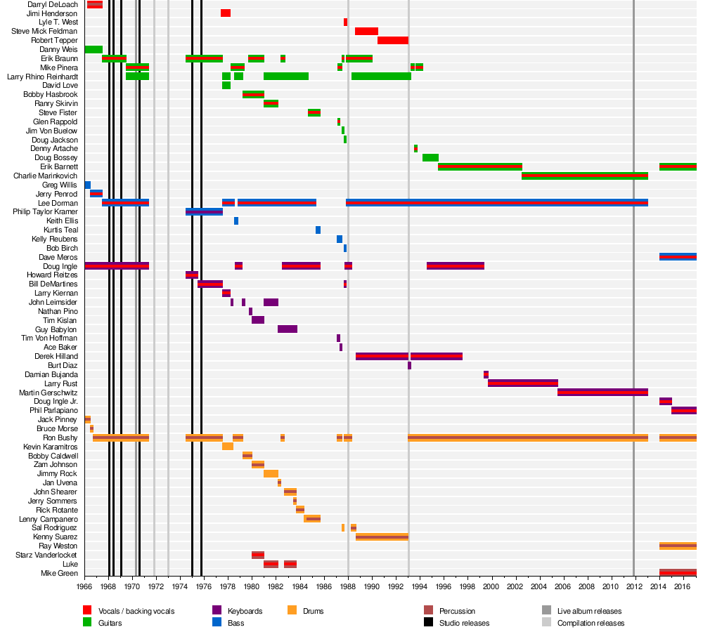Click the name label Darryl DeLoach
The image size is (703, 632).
pyautogui.click(x=53, y=4)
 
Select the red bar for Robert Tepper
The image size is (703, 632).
pyautogui.click(x=393, y=40)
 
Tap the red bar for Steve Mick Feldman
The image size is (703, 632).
pyautogui.click(x=366, y=32)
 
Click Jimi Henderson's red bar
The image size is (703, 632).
pyautogui.click(x=226, y=13)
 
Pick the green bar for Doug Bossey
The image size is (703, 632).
pyautogui.click(x=430, y=158)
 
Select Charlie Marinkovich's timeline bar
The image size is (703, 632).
pyautogui.click(x=585, y=176)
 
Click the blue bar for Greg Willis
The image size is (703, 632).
pyautogui.click(x=87, y=185)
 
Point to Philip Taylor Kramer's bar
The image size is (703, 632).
pyautogui.click(x=204, y=212)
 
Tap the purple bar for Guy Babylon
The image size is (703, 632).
pyautogui.click(x=288, y=329)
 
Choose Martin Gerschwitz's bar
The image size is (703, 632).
pyautogui.click(x=602, y=393)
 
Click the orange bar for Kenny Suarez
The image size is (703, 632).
pyautogui.click(x=382, y=536)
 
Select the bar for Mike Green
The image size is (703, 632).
pyautogui.click(x=678, y=573)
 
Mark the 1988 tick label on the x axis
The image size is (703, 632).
pyautogui.click(x=348, y=587)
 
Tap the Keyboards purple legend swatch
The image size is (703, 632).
pyautogui.click(x=217, y=610)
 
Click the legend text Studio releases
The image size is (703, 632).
pyautogui.click(x=464, y=623)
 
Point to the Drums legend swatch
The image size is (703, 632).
pyautogui.click(x=292, y=610)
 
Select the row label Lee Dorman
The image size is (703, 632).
pyautogui.click(x=58, y=204)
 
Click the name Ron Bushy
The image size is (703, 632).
pyautogui.click(x=60, y=437)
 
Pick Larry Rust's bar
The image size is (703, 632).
pyautogui.click(x=523, y=383)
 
